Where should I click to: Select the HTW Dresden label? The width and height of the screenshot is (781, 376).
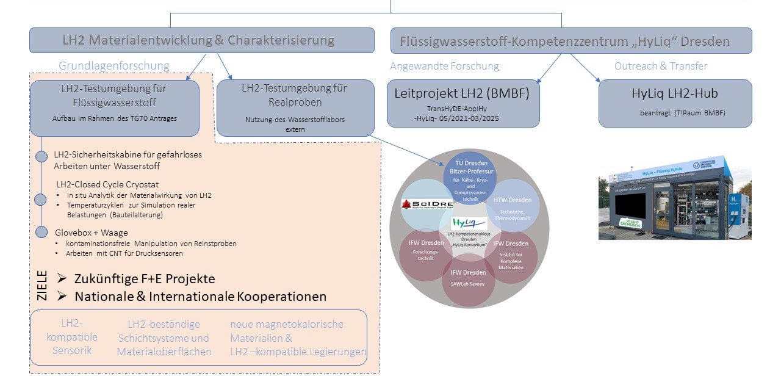513,200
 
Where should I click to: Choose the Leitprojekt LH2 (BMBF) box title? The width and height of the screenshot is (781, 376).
462,94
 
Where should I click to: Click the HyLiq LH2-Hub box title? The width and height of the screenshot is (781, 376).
674,94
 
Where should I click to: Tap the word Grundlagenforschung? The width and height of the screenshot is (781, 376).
113,65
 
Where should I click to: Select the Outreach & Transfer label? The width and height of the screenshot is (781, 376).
661,66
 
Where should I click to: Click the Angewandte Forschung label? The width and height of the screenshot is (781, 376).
444,66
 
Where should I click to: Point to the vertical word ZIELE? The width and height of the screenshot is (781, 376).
42,286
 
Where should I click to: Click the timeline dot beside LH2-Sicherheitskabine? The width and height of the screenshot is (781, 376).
41,157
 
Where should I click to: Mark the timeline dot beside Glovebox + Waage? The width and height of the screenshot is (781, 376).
41,232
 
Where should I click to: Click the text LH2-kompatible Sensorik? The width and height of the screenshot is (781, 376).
71,336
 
